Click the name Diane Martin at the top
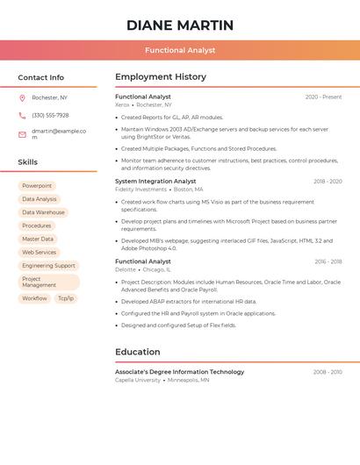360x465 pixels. coord(180,25)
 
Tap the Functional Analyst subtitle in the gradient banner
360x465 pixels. coord(180,50)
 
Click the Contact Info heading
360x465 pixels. coord(41,77)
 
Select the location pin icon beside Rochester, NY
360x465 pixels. coord(23,97)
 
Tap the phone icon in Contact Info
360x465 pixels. coord(23,115)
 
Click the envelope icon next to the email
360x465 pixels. coord(23,133)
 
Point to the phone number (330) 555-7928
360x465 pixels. coord(50,115)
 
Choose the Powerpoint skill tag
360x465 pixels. coord(37,186)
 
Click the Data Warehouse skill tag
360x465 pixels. coord(43,212)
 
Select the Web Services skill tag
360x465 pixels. coord(40,252)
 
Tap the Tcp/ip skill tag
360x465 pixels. coord(66,298)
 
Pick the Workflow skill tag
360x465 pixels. coord(35,298)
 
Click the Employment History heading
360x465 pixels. coord(161,77)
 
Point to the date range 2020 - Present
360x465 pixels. coord(323,97)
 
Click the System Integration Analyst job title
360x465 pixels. coord(155,181)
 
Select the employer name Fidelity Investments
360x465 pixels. coord(140,190)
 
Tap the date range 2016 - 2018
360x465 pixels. coord(328,261)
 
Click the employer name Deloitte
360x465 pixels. coord(126,269)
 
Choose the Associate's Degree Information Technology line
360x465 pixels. coord(180,372)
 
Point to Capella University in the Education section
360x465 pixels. coord(138,380)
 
